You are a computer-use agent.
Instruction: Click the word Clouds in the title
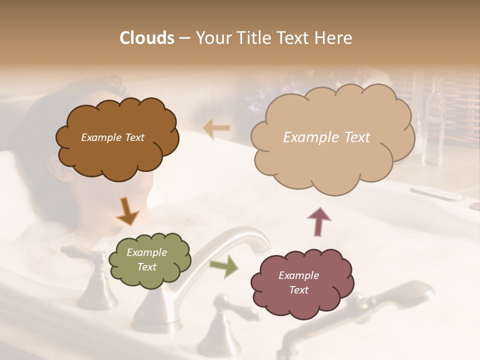point(147,38)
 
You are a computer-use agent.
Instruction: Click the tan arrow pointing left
point(217,128)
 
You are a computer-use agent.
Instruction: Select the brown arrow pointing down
point(127,211)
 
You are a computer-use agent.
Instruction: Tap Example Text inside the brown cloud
point(113,137)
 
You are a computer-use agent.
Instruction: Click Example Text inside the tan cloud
point(326,137)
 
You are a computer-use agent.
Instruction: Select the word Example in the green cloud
point(146,252)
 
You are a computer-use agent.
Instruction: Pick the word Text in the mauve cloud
point(298,290)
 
